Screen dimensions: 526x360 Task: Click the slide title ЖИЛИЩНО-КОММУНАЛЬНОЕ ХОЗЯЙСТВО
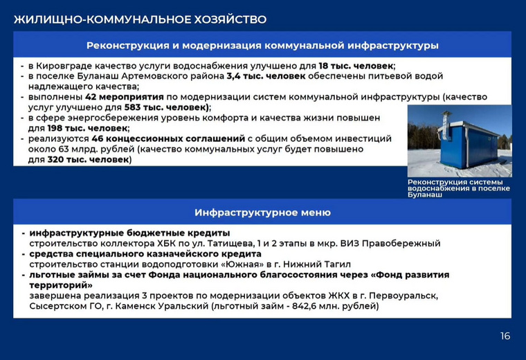pos(140,19)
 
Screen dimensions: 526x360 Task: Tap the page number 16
pos(505,336)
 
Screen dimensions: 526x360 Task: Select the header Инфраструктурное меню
pos(263,213)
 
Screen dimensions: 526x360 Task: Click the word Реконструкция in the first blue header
pos(128,45)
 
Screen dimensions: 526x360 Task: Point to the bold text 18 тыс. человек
pos(356,66)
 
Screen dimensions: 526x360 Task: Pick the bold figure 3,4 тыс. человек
pos(266,76)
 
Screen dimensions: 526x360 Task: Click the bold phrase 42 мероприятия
pos(125,97)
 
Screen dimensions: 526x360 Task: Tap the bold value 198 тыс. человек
pos(88,128)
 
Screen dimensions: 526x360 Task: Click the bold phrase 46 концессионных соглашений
pos(168,138)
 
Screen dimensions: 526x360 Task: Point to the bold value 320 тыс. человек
pos(88,159)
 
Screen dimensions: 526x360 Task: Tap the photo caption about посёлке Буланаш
pos(459,188)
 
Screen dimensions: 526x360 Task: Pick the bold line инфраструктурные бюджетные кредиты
pos(130,233)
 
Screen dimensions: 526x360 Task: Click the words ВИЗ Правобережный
pos(390,243)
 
